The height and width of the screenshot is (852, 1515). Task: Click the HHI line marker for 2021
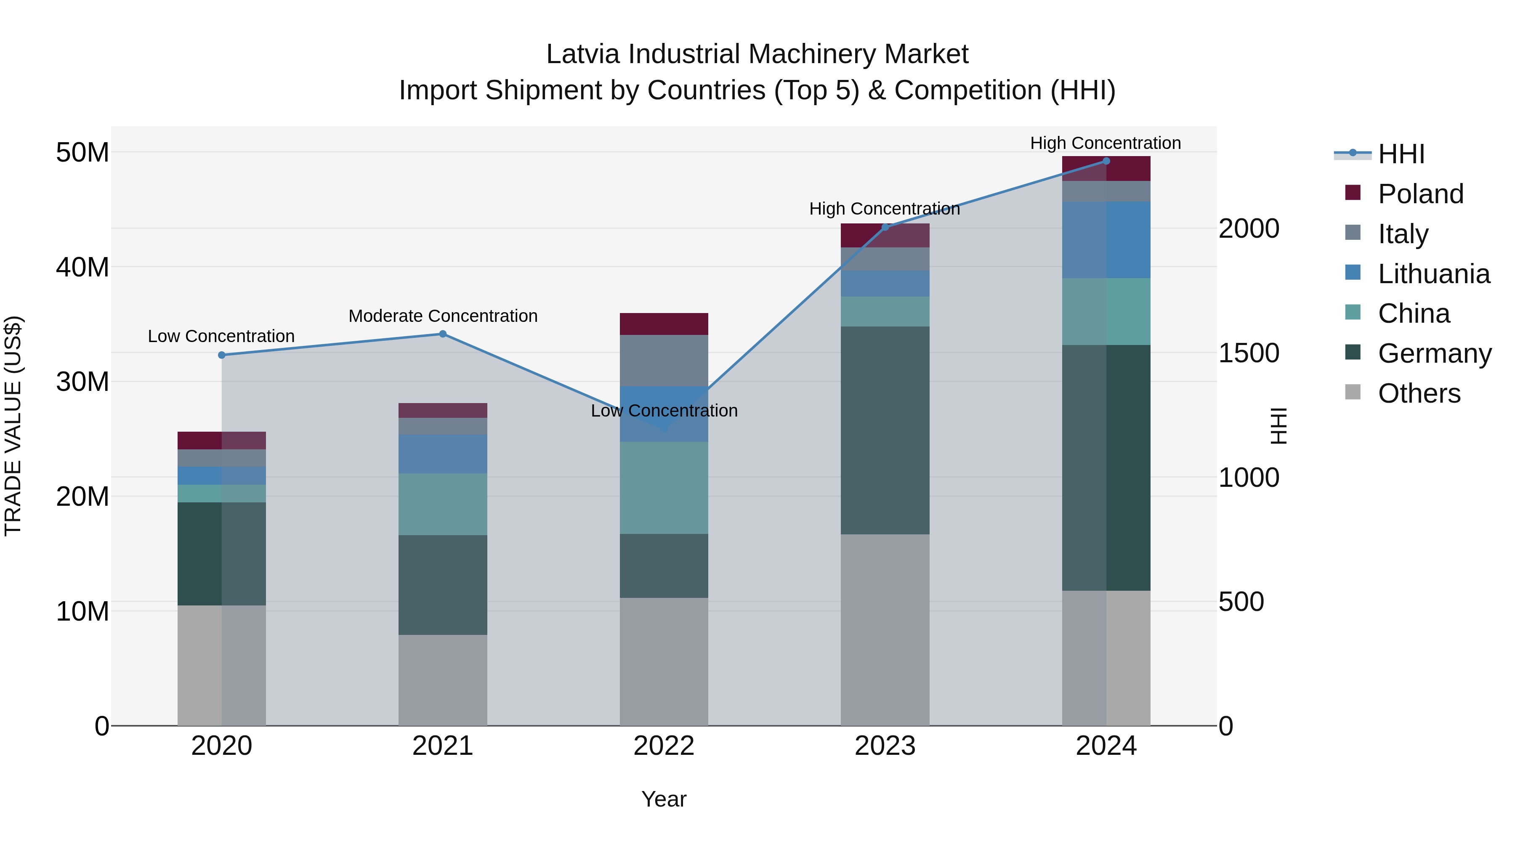click(443, 334)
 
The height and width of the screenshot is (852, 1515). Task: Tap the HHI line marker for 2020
click(222, 355)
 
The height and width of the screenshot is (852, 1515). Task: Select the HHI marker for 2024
click(1106, 161)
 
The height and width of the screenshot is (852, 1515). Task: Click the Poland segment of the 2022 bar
click(664, 324)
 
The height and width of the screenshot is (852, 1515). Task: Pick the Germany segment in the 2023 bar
click(885, 430)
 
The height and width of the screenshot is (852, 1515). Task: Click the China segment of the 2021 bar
click(443, 504)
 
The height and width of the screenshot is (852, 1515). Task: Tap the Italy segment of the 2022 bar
click(664, 361)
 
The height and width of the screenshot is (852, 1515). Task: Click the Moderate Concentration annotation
click(443, 316)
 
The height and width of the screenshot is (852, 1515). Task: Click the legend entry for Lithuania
click(1433, 274)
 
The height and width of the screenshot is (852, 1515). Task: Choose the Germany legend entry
click(1434, 353)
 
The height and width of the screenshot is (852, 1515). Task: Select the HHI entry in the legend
click(1401, 154)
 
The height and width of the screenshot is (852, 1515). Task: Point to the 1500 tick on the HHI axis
click(1249, 353)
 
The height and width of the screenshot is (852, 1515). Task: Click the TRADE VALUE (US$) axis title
click(13, 426)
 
